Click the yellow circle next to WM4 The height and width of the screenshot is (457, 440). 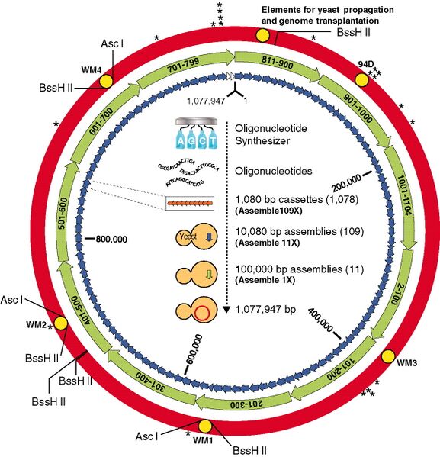106,79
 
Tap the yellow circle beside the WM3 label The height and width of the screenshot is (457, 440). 387,357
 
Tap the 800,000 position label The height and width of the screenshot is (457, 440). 111,238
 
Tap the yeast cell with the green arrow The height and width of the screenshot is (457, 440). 194,275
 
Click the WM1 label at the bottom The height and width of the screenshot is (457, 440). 201,440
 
